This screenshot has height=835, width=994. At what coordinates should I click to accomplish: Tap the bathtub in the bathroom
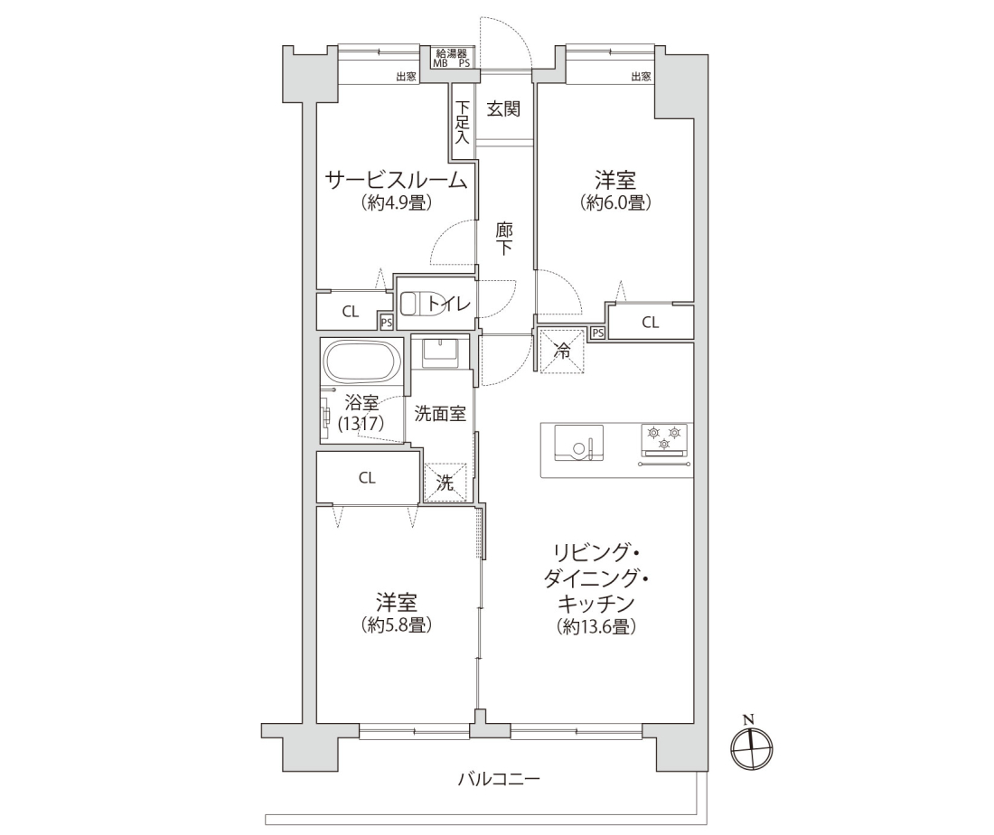point(362,361)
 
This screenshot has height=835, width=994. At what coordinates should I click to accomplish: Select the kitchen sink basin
point(578,442)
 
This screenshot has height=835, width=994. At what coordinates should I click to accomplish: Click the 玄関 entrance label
point(503,109)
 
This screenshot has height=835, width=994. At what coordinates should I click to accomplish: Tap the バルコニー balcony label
point(499,778)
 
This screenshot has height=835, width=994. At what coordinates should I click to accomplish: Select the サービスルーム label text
point(396,182)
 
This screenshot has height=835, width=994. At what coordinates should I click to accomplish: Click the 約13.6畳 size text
point(596,626)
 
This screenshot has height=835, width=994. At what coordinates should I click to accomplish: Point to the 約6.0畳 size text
point(614,202)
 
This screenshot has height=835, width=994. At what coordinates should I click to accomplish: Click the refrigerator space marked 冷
point(562,352)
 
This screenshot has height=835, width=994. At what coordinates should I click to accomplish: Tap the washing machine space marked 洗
point(445,483)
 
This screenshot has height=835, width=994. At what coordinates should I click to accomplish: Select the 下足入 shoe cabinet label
point(462,122)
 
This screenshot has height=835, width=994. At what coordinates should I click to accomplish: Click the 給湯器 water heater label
point(451,53)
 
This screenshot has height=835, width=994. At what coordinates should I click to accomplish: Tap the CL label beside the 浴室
point(367,478)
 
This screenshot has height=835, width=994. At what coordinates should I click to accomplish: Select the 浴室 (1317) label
point(361,413)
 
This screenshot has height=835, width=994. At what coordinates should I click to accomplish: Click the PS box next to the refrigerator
point(597,333)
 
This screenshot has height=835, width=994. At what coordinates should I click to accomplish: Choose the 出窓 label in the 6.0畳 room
point(641,77)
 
